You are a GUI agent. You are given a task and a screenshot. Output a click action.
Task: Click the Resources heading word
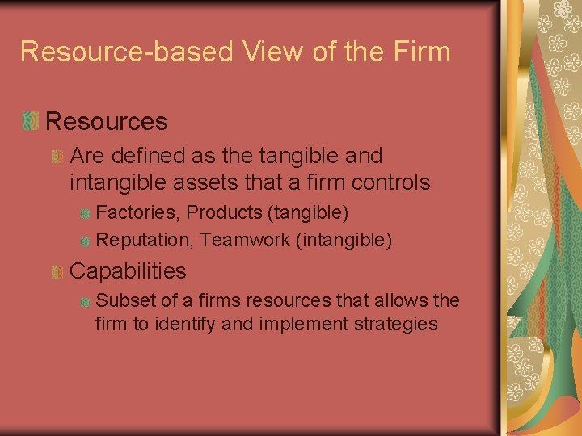(x=107, y=121)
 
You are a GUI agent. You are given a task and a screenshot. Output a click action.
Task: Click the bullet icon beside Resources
(x=31, y=121)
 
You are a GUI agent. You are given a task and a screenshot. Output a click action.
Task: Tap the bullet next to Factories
(x=85, y=214)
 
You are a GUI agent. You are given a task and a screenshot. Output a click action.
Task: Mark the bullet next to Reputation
(x=85, y=241)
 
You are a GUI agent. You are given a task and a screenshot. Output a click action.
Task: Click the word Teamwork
(x=243, y=240)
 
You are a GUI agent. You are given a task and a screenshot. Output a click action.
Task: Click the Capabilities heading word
(x=128, y=271)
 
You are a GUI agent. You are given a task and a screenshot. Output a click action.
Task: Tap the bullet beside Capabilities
(x=57, y=272)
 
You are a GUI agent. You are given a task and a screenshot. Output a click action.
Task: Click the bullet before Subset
(x=85, y=302)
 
